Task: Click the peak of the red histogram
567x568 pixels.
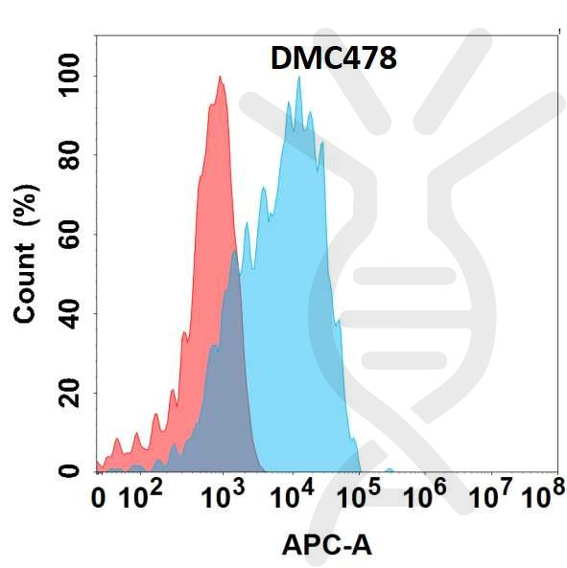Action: (221, 78)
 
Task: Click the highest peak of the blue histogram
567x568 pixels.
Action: (299, 78)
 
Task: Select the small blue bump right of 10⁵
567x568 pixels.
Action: (390, 469)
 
